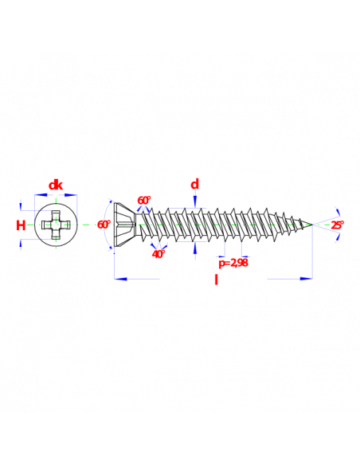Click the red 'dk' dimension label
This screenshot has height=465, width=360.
click(x=56, y=186)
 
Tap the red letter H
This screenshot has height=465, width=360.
click(x=21, y=225)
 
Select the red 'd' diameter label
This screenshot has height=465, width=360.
click(x=195, y=185)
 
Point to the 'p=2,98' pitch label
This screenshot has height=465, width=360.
click(x=233, y=263)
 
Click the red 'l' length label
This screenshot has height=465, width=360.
click(x=216, y=279)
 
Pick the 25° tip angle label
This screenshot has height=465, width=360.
click(x=338, y=225)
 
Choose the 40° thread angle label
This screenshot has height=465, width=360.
click(x=158, y=254)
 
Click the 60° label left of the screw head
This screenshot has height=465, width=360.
click(x=104, y=225)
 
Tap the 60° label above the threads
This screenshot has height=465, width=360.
click(x=144, y=201)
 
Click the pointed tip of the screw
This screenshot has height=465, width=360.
click(x=312, y=225)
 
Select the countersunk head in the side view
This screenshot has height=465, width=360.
click(x=125, y=225)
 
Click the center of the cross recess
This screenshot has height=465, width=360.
click(x=56, y=225)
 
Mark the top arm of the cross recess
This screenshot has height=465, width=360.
click(x=56, y=216)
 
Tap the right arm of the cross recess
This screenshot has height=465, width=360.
click(x=65, y=225)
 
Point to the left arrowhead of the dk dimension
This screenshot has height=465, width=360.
click(x=41, y=195)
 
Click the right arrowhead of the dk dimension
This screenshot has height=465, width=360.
click(x=71, y=195)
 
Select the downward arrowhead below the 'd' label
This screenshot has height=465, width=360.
click(x=195, y=201)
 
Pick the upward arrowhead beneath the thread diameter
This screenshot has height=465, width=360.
click(x=195, y=248)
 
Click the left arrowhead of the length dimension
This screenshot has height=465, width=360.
click(x=121, y=279)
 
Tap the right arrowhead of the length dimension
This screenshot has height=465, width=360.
click(x=306, y=279)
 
